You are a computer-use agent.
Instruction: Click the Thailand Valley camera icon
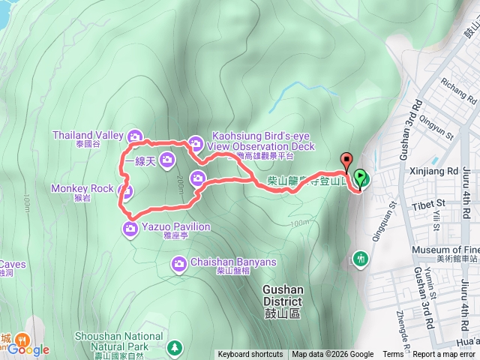coord(134,136)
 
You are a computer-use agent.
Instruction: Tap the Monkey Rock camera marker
coord(126,191)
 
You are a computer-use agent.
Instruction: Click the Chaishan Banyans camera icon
coord(179,263)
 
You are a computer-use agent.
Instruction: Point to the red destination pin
coord(346,160)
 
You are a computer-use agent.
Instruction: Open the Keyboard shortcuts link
coord(250,355)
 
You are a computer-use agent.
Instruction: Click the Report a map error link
coord(444,355)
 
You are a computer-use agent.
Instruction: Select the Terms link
coord(392,355)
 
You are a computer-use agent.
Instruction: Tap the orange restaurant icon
coord(22,339)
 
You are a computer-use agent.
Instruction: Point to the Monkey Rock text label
coord(82,187)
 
